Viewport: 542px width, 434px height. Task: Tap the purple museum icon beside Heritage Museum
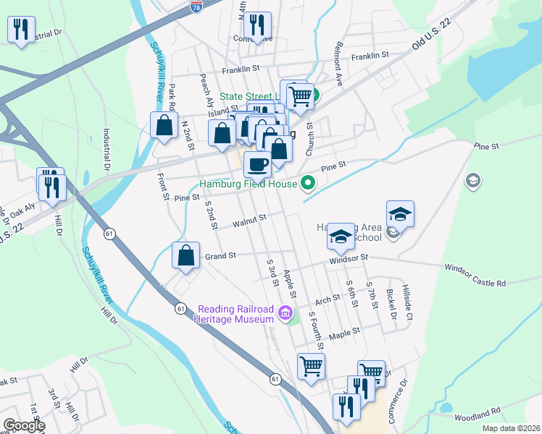[x=285, y=314]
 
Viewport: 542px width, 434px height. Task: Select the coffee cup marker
[x=257, y=164]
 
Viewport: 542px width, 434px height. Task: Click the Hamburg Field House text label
[x=248, y=184]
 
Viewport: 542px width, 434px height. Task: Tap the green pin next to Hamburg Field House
[x=307, y=184]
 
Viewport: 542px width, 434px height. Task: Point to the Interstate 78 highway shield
[x=196, y=7]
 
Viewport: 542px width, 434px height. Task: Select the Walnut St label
[x=250, y=219]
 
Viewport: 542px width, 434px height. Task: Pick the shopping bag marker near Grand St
[x=186, y=255]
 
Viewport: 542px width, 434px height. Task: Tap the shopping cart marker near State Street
[x=299, y=95]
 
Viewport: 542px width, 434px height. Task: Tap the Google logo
[x=23, y=425]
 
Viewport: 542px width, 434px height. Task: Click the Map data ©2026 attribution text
[x=510, y=428]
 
